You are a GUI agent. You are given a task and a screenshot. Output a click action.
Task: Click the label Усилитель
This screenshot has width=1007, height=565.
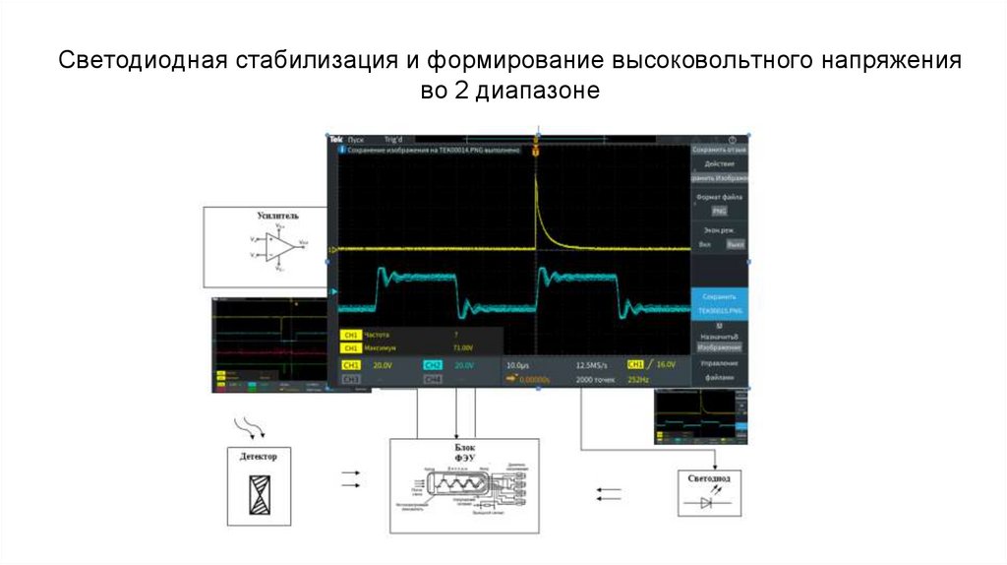pos(278,215)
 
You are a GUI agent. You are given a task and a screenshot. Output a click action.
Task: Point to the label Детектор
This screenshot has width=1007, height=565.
pos(260,457)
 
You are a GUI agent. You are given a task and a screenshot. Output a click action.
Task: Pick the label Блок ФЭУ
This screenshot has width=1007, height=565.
pos(464,453)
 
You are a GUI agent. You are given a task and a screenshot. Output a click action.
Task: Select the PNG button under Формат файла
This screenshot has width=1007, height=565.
pos(719,211)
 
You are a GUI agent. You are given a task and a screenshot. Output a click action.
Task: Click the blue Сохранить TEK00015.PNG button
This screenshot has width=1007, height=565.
pos(719,302)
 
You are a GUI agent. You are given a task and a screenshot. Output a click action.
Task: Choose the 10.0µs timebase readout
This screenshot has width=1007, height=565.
pos(518,365)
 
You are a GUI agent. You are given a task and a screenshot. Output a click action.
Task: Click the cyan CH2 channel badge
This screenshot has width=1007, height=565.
pos(433,365)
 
